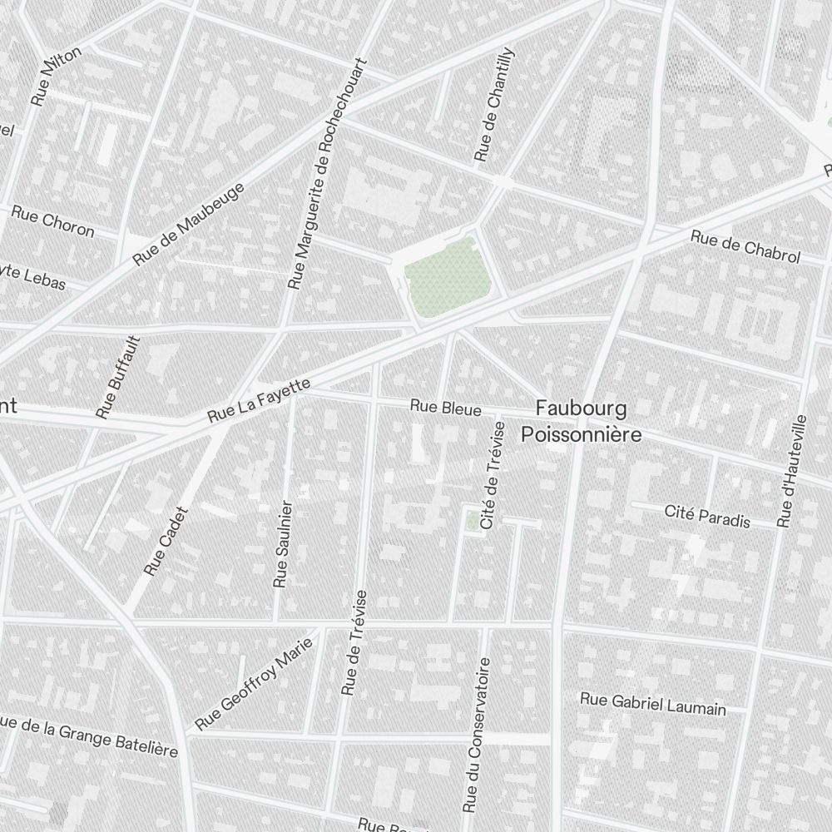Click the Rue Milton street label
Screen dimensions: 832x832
click(56, 76)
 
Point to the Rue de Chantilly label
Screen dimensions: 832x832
click(494, 105)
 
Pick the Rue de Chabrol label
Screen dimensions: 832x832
click(745, 248)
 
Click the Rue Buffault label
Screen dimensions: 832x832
click(118, 377)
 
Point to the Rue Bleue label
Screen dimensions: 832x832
click(445, 409)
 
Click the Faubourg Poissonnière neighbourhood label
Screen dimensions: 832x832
click(582, 421)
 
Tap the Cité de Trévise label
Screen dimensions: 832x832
click(493, 474)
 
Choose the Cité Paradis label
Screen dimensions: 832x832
click(707, 516)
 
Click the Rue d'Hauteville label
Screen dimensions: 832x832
click(793, 471)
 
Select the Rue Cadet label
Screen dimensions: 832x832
click(166, 542)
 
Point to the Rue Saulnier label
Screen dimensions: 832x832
click(284, 544)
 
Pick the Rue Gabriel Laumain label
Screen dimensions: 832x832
click(653, 704)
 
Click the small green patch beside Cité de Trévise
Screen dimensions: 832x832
click(473, 521)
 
